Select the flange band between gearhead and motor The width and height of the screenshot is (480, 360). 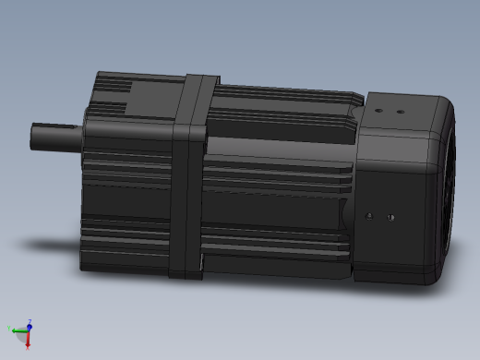click(192, 175)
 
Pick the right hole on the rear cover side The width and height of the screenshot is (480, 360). click(391, 219)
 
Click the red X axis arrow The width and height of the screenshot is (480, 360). click(29, 341)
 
